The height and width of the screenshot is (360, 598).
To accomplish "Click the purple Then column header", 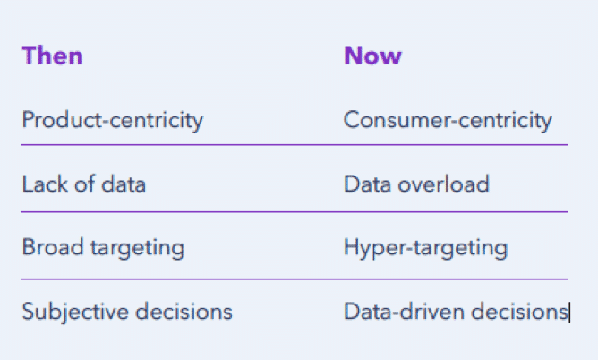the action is click(x=53, y=56).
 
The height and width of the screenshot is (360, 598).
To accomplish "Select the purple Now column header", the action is click(x=372, y=56).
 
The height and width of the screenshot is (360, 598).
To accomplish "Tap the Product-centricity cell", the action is click(x=113, y=121).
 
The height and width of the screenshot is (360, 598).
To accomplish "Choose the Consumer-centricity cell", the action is click(x=448, y=121).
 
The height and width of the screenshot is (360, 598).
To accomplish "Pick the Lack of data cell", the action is click(x=84, y=184).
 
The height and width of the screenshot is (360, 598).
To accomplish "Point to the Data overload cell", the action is click(x=416, y=184).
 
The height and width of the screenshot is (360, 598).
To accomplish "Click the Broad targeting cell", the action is click(x=103, y=248).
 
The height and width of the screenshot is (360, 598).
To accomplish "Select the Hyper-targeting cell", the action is click(x=425, y=248).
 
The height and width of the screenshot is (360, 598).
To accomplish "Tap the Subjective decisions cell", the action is click(x=127, y=312).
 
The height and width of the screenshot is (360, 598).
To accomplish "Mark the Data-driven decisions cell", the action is click(x=456, y=311).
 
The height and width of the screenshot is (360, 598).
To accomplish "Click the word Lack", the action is click(x=46, y=184).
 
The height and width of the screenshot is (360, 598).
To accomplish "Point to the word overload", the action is click(x=443, y=184).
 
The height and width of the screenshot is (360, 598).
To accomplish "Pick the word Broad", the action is click(x=53, y=247).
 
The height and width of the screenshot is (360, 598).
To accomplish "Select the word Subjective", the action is click(x=76, y=312).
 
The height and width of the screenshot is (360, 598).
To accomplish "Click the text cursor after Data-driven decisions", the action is click(x=569, y=313).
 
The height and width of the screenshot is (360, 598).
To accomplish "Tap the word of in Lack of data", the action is click(x=85, y=184).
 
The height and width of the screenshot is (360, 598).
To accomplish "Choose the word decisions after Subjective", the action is click(x=184, y=311).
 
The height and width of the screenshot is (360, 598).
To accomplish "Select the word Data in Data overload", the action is click(x=368, y=184).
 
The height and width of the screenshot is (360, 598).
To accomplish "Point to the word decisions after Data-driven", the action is click(x=519, y=311).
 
